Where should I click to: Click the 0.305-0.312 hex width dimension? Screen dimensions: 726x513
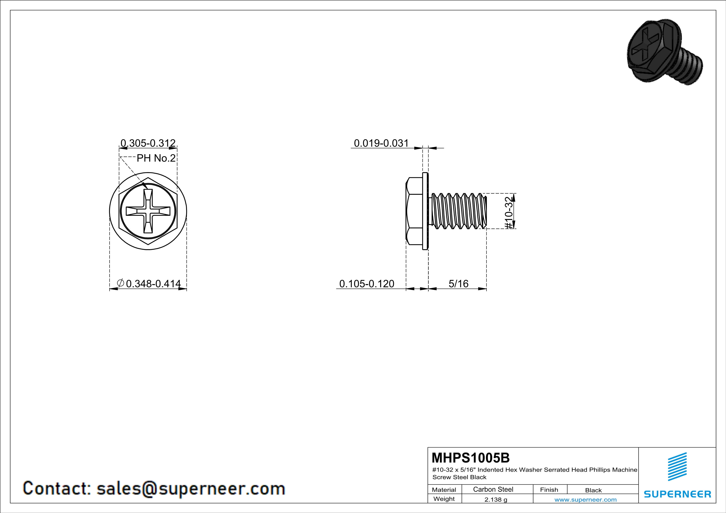point(148,143)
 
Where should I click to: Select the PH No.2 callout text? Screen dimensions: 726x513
point(156,158)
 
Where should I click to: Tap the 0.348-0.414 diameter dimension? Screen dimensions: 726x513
point(153,284)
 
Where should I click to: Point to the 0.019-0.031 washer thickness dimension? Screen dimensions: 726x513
point(381,143)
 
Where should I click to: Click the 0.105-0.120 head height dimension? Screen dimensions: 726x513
point(367,284)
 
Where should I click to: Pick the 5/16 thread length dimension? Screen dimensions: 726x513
point(459,284)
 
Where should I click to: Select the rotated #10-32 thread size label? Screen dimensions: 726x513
point(508,213)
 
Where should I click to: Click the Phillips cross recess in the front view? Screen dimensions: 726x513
point(148,211)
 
